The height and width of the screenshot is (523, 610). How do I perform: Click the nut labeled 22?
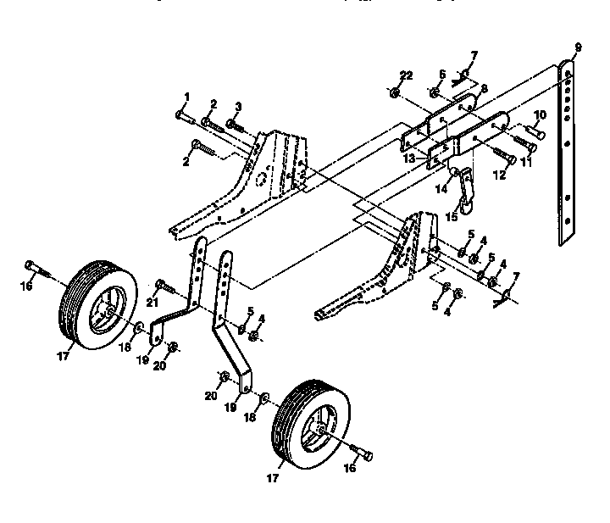point(396,92)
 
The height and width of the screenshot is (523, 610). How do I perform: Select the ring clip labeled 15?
point(466,206)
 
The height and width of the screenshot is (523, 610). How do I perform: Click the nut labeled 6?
point(433,92)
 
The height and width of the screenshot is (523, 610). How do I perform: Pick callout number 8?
point(484,87)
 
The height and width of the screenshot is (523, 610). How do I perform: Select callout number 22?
point(408,76)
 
